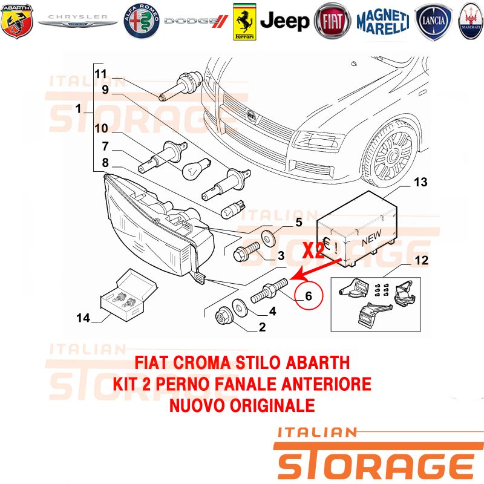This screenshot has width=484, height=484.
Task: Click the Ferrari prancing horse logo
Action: (244, 22)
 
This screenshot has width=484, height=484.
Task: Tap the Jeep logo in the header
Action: (284, 21)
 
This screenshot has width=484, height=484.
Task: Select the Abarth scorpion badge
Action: (17, 21)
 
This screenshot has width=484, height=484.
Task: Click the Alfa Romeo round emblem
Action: (142, 21)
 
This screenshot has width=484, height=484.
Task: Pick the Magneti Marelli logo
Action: (383, 22)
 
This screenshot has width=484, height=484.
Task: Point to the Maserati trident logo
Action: (471, 21)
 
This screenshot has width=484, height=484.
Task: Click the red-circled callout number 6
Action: (309, 296)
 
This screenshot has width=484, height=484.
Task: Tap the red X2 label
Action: (313, 250)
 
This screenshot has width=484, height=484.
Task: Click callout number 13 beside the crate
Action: (420, 182)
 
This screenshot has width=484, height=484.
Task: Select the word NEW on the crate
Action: (372, 237)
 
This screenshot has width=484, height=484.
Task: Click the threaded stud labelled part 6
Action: (269, 290)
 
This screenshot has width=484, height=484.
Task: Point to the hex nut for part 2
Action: (223, 315)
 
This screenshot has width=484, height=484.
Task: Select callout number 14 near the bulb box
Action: (83, 318)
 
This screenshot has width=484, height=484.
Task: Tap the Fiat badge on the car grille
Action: (252, 116)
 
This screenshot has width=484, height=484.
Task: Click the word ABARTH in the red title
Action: (318, 362)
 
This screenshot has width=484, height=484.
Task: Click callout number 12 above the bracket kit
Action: (421, 260)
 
